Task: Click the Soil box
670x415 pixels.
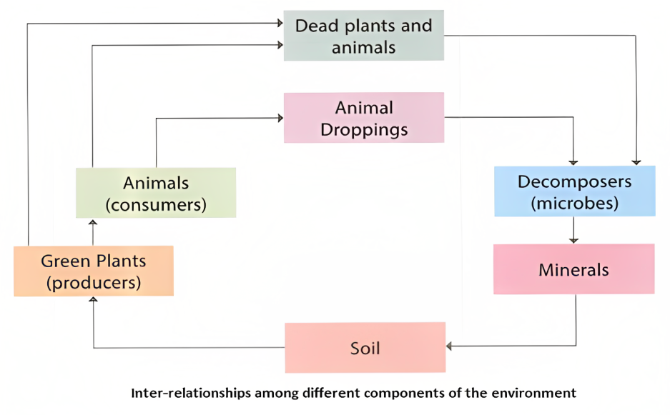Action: click(365, 348)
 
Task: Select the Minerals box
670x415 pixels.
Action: click(573, 269)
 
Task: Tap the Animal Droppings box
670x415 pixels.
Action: click(364, 118)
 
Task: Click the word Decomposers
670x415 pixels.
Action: click(574, 181)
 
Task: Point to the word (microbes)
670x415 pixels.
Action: click(574, 203)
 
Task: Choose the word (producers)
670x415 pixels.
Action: click(93, 282)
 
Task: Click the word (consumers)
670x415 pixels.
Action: click(156, 205)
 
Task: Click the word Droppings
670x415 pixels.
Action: click(364, 129)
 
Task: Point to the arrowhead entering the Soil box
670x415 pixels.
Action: click(450, 346)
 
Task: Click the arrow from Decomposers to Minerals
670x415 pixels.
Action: click(573, 230)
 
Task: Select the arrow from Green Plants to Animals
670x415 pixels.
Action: click(92, 232)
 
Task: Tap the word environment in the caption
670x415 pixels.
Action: click(539, 393)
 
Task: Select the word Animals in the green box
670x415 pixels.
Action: click(156, 183)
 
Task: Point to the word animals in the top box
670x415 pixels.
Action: click(364, 48)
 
